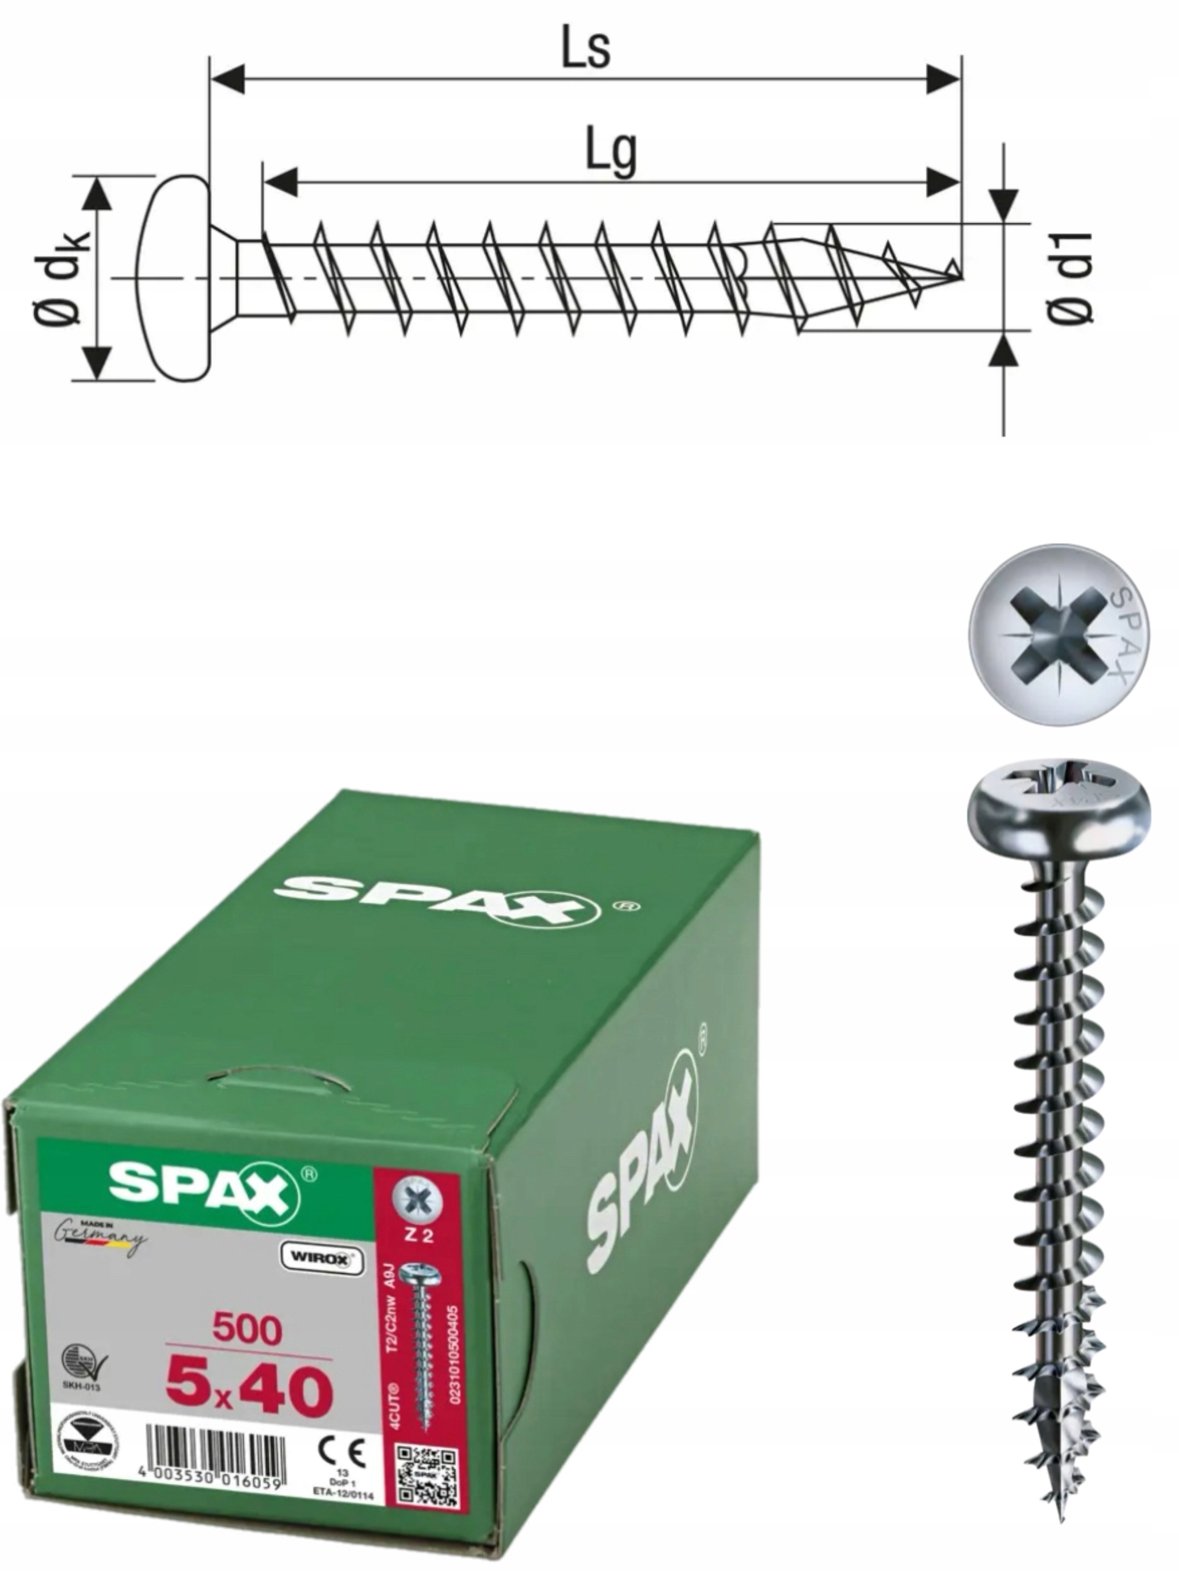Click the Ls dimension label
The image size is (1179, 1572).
586,49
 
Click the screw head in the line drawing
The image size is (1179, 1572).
174,278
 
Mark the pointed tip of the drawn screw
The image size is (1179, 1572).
956,270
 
